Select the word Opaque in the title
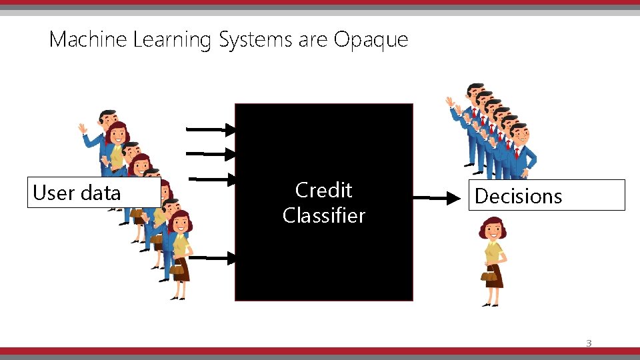(x=371, y=40)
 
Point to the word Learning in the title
(x=171, y=40)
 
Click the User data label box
(x=93, y=193)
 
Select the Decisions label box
(x=546, y=195)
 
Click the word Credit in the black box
(x=323, y=190)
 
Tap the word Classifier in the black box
(x=323, y=215)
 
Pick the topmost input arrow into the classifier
(x=211, y=129)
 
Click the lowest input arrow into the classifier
(x=215, y=257)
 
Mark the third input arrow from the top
(x=213, y=179)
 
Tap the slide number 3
(x=588, y=343)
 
